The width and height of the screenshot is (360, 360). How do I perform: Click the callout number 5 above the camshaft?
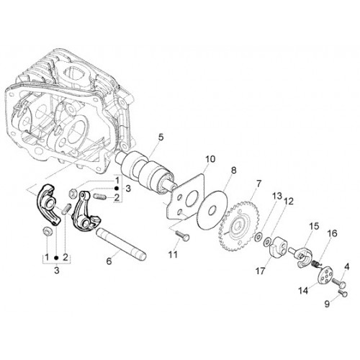[161, 138]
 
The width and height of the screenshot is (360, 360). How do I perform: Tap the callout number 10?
[210, 159]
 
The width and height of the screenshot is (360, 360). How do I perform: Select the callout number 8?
[233, 170]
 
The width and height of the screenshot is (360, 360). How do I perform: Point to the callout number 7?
[258, 184]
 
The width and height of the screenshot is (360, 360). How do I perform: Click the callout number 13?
[277, 196]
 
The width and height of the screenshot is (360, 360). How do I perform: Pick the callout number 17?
[260, 271]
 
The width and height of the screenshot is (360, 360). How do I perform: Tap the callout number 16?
[333, 233]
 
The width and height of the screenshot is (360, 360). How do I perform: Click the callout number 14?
[303, 291]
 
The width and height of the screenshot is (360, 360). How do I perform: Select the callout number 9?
[327, 304]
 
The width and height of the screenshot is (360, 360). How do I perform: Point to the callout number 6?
[109, 261]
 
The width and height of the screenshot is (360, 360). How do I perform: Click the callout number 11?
[173, 254]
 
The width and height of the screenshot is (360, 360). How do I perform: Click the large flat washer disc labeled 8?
[212, 210]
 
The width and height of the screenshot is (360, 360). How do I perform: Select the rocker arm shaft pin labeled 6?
[121, 244]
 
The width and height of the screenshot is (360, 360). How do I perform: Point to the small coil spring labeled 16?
[316, 264]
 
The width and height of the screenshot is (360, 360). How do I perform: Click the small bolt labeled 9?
[343, 292]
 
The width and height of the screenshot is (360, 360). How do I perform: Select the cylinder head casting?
[70, 113]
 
